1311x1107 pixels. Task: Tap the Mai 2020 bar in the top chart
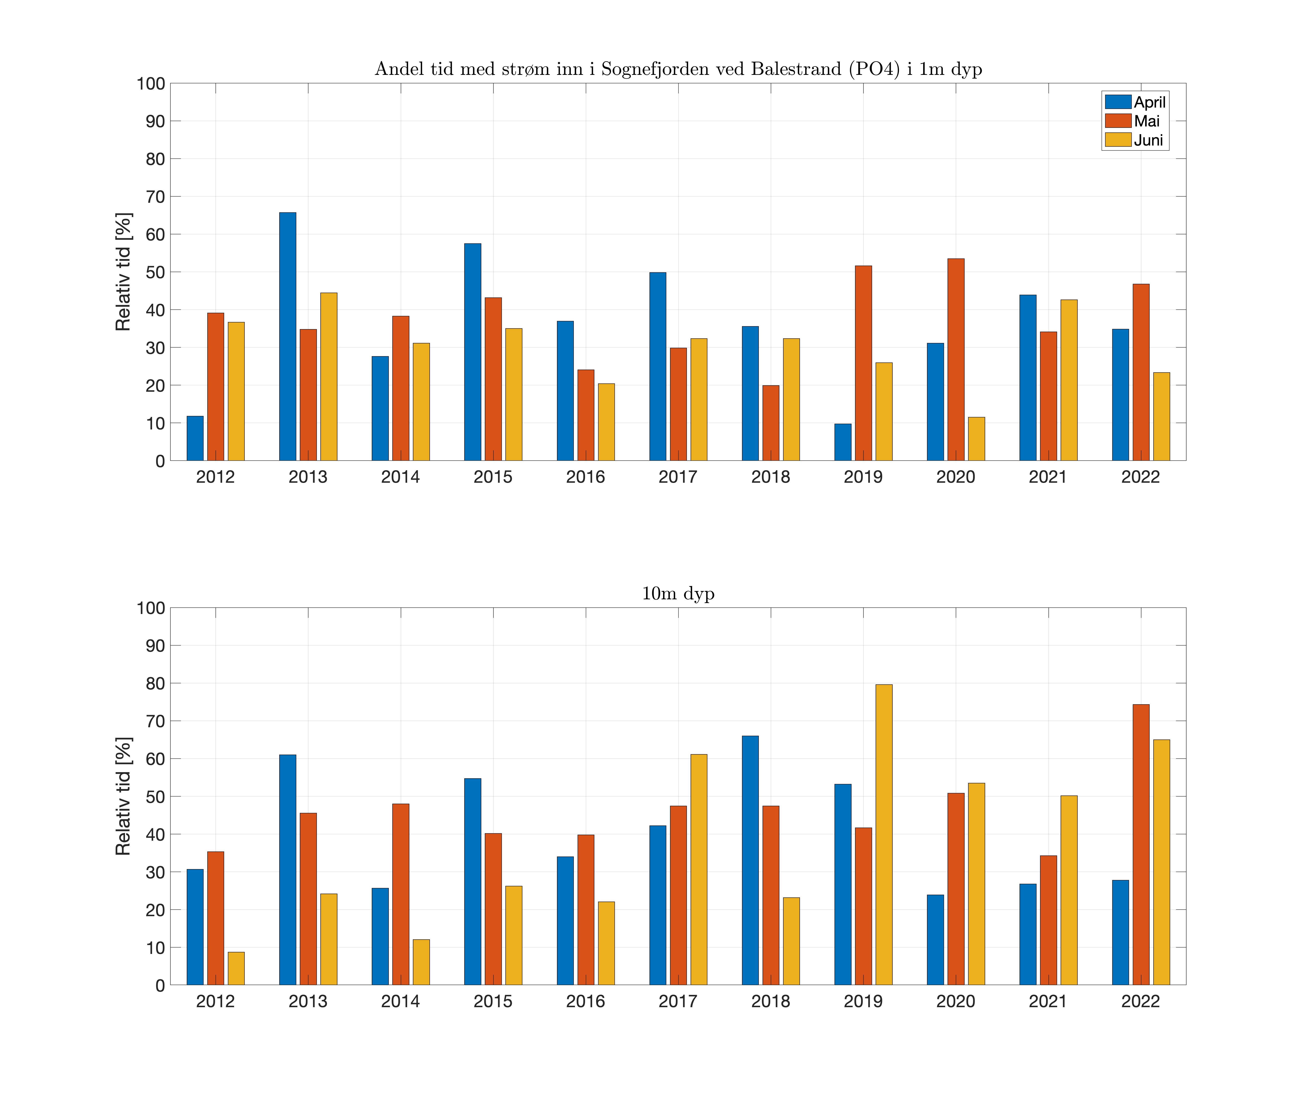(x=956, y=360)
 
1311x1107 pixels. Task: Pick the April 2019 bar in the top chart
(x=843, y=442)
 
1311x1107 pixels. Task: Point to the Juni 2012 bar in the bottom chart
(x=236, y=968)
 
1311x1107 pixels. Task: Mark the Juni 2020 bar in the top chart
(x=976, y=439)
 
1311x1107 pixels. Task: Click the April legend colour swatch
(x=1118, y=102)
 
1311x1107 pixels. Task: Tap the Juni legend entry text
(x=1148, y=140)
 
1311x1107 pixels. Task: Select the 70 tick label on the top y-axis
(x=155, y=197)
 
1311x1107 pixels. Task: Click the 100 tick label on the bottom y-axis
(x=151, y=608)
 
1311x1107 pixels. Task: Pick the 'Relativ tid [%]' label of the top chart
(x=124, y=272)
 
